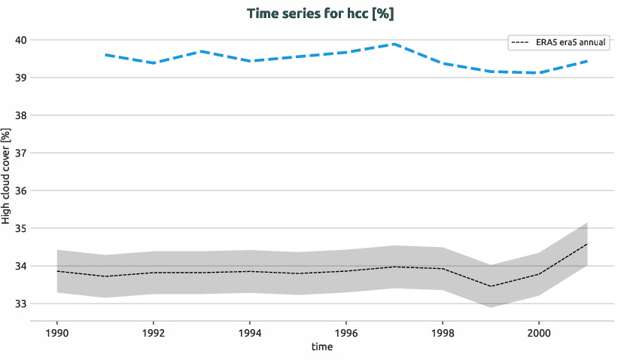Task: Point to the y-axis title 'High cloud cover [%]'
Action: (x=7, y=176)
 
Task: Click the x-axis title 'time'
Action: (x=321, y=347)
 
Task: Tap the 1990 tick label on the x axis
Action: (x=57, y=332)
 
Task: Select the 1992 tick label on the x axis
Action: (x=154, y=332)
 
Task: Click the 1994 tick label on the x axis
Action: (x=250, y=332)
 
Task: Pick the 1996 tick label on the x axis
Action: (x=346, y=332)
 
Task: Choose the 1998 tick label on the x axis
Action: (x=442, y=332)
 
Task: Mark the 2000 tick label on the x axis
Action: (x=538, y=332)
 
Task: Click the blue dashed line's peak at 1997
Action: (x=394, y=44)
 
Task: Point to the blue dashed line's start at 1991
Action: (x=105, y=54)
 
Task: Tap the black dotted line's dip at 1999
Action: (x=490, y=286)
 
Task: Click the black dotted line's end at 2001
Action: (x=586, y=244)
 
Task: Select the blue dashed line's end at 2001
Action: (x=586, y=61)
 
